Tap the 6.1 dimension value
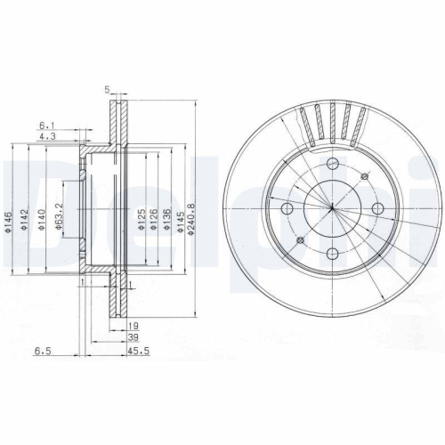point(46,125)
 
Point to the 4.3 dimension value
point(46,136)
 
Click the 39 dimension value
point(133,339)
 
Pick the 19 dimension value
point(133,327)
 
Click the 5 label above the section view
point(106,90)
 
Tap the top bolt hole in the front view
point(332,164)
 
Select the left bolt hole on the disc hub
point(287,208)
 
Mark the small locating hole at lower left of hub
point(301,239)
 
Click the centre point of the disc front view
point(332,208)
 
